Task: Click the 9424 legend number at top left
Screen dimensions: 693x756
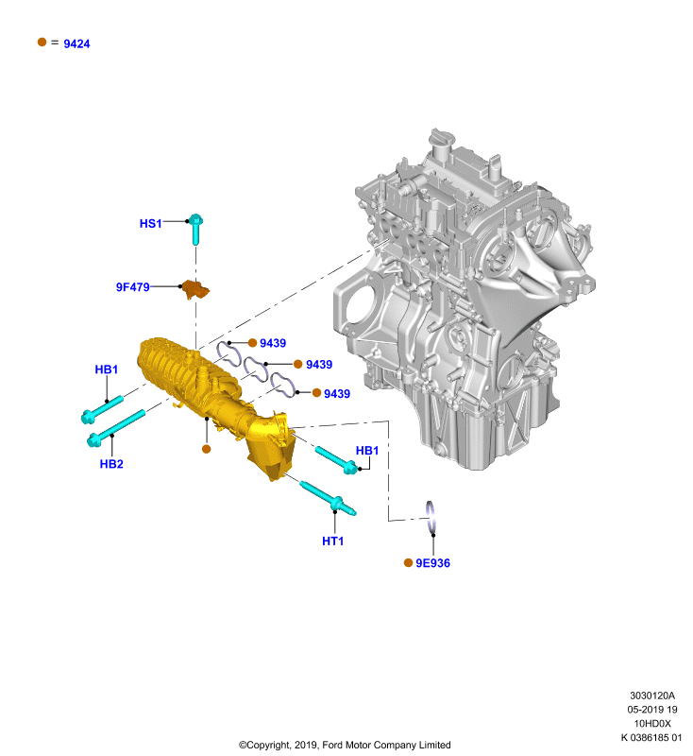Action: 76,43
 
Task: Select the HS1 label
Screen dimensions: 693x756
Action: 150,224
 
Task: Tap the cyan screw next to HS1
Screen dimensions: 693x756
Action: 195,229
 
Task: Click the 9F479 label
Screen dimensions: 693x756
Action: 132,287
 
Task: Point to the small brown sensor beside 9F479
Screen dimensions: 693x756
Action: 195,289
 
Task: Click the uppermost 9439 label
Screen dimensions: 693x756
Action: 273,343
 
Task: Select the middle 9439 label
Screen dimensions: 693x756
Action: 319,365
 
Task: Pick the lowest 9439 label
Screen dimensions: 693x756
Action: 337,394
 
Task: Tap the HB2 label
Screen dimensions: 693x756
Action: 111,464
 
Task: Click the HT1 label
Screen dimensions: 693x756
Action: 332,541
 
